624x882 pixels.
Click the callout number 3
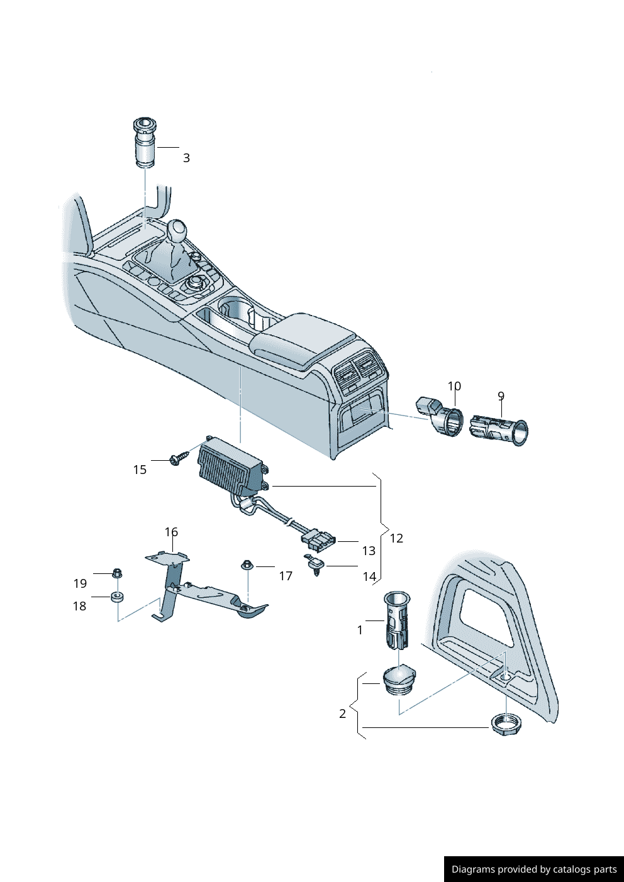pos(186,158)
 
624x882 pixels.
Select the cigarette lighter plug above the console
pos(145,143)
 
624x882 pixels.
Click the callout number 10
pos(454,386)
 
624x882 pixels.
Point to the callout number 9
pos(501,396)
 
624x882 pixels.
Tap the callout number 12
pos(396,538)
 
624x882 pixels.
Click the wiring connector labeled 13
pos(318,539)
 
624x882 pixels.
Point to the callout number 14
pos(369,576)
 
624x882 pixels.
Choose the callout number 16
pos(171,532)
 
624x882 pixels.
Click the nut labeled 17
pos(247,565)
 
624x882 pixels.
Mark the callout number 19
pos(80,583)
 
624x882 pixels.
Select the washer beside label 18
pos(117,596)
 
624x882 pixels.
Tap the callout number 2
pos(342,714)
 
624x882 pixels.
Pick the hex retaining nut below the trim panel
pos(506,725)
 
